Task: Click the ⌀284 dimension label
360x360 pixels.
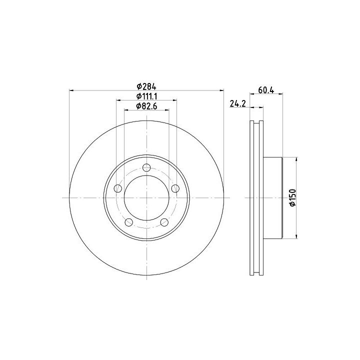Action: pyautogui.click(x=146, y=86)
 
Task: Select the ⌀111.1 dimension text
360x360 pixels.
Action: pyautogui.click(x=146, y=96)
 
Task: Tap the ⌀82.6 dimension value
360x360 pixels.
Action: pyautogui.click(x=146, y=106)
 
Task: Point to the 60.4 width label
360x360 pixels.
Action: pyautogui.click(x=266, y=90)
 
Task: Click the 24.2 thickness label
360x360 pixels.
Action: pyautogui.click(x=238, y=104)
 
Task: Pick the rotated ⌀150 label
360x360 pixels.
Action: pyautogui.click(x=292, y=197)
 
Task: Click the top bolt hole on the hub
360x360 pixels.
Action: pyautogui.click(x=146, y=167)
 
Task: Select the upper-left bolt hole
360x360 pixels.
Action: pyautogui.click(x=118, y=188)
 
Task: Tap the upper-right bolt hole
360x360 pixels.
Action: pyautogui.click(x=175, y=188)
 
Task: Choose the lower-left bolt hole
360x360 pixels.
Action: pyautogui.click(x=129, y=222)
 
